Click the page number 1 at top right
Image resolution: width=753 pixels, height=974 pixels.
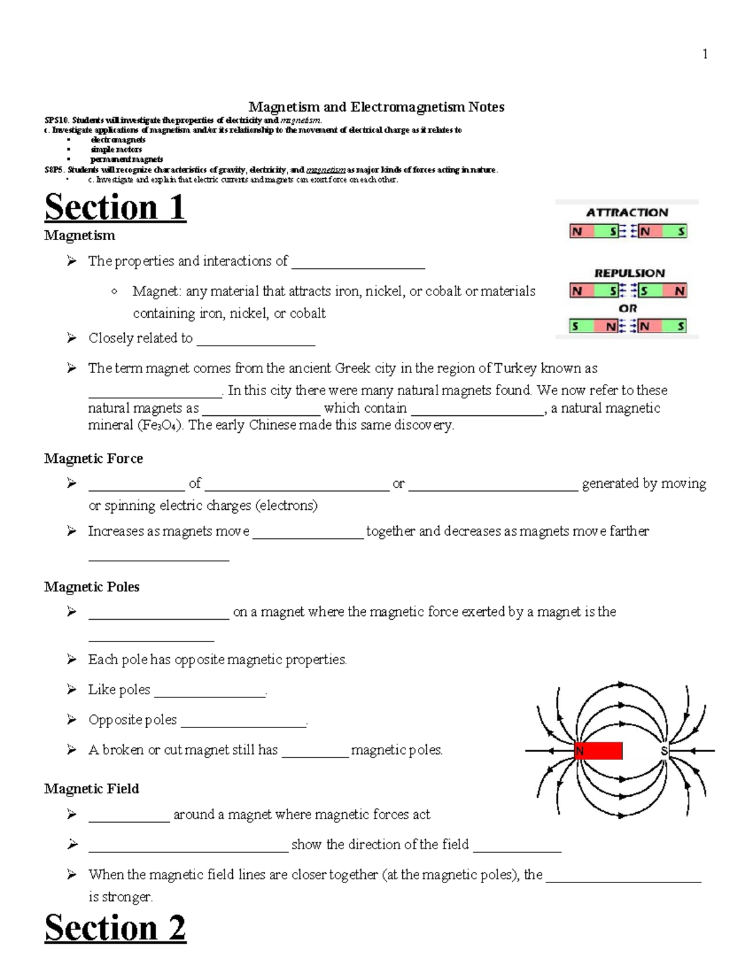[705, 55]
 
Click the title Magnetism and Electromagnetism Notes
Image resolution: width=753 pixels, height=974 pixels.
[376, 107]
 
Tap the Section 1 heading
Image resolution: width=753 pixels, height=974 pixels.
[115, 208]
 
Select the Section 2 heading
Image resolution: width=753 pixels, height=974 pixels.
[115, 928]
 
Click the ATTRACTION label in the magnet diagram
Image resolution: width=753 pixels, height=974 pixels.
[627, 213]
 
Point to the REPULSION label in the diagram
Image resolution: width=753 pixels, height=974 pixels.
[629, 273]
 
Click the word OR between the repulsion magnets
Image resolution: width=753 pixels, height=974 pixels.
[627, 309]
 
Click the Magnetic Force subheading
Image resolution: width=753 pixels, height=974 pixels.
[93, 458]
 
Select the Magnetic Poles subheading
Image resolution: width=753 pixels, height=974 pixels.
[92, 587]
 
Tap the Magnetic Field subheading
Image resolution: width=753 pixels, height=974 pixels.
[92, 789]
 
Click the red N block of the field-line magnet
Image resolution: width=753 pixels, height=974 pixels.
[598, 751]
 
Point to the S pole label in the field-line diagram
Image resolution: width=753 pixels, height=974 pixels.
[664, 751]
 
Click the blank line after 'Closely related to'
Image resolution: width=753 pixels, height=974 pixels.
[255, 339]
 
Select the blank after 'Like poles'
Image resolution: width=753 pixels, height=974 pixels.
[210, 691]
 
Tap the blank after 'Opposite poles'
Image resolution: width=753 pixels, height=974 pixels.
[243, 721]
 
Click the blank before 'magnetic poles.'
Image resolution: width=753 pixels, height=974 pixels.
[315, 751]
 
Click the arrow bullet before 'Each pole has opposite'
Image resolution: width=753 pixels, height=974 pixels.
[72, 659]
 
